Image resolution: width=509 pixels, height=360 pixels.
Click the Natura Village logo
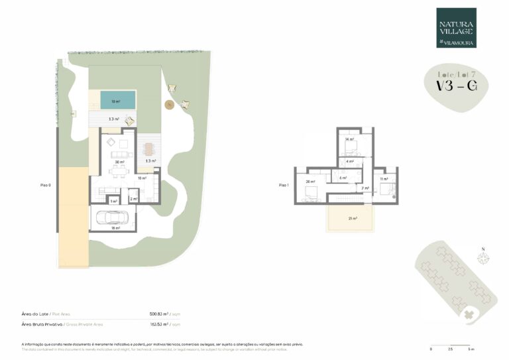pos(455,28)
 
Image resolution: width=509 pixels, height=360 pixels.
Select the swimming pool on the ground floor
pos(118,101)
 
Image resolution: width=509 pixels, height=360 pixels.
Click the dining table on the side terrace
pos(149,148)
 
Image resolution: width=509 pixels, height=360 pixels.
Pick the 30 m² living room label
pos(119,162)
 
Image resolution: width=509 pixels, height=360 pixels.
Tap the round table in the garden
pos(170,104)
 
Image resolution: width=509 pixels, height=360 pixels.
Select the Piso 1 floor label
pos(284,185)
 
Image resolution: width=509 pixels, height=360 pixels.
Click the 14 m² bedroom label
pos(349,140)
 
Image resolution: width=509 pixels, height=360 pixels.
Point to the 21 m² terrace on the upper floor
pos(352,218)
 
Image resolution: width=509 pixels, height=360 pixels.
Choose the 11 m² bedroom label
pos(383,180)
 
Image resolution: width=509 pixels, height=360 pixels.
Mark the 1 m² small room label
pos(113,201)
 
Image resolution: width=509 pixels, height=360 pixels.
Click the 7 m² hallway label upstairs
pos(364,188)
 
